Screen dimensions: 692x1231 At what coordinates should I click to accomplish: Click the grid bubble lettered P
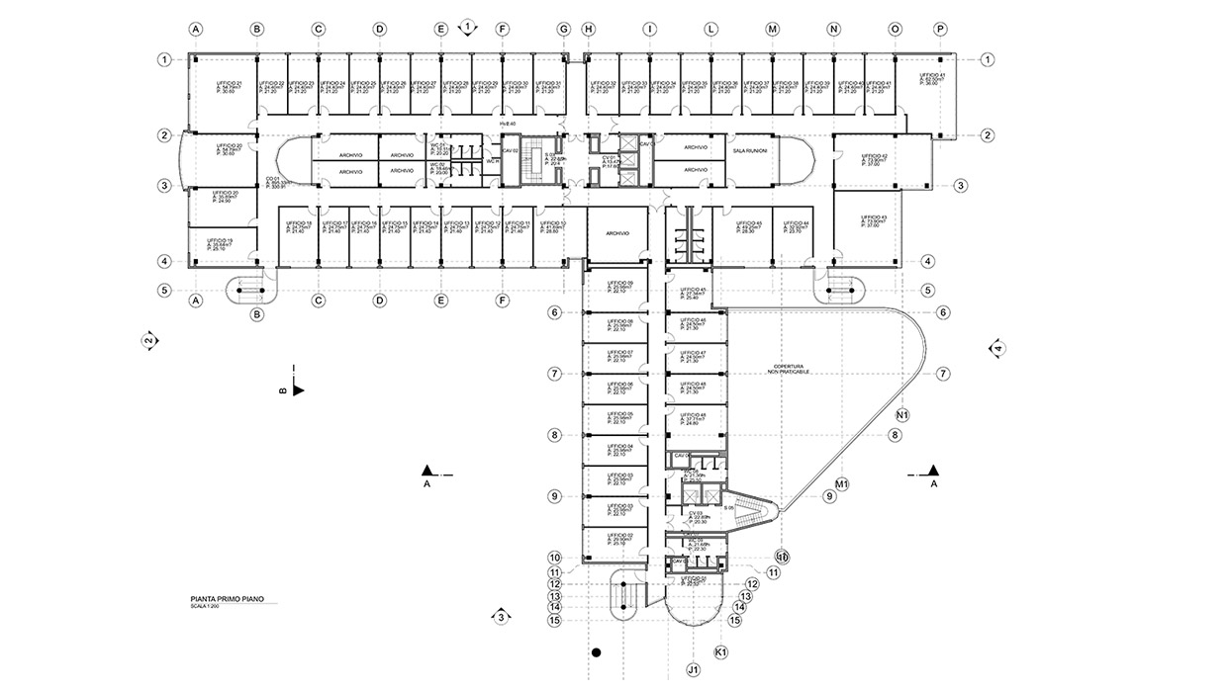pos(940,30)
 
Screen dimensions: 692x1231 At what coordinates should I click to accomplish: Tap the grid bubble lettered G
pos(564,30)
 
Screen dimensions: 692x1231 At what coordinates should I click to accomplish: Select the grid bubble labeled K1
pos(721,652)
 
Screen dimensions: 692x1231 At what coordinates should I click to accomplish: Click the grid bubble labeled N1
pos(902,414)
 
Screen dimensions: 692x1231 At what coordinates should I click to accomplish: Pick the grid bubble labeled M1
pos(843,484)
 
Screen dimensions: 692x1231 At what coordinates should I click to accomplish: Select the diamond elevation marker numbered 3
pos(502,618)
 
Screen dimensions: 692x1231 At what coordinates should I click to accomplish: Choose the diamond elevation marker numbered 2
pos(148,341)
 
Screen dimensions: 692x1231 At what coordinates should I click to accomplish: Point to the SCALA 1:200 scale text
pos(205,606)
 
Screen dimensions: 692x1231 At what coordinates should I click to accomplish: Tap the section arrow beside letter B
pos(297,390)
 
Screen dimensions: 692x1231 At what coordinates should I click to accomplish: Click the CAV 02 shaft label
pos(511,150)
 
